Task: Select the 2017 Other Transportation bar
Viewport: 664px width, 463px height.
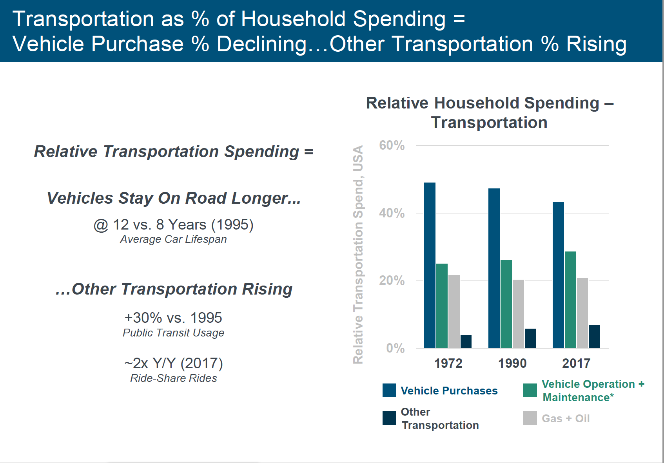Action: pyautogui.click(x=594, y=336)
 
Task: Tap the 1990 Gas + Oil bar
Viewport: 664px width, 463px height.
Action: pyautogui.click(x=518, y=314)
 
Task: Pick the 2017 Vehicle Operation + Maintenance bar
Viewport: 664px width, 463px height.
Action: pyautogui.click(x=570, y=300)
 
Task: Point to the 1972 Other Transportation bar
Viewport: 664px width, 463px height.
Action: pyautogui.click(x=466, y=342)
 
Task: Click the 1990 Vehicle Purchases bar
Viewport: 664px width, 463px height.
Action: pyautogui.click(x=494, y=268)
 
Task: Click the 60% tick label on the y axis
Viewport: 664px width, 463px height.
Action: pyautogui.click(x=392, y=145)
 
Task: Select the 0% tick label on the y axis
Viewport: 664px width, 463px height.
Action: pyautogui.click(x=395, y=348)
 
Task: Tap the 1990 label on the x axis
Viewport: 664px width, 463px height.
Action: pyautogui.click(x=512, y=364)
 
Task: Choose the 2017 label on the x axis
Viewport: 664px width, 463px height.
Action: pyautogui.click(x=576, y=364)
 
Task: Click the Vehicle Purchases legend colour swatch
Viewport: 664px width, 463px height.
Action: pyautogui.click(x=389, y=391)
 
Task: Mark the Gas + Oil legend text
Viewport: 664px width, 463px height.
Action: pyautogui.click(x=566, y=418)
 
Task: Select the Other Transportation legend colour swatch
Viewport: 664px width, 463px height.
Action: pyautogui.click(x=389, y=418)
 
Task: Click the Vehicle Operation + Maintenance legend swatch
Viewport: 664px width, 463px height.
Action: pyautogui.click(x=530, y=391)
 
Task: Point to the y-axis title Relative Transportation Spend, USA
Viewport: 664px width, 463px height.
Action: pyautogui.click(x=358, y=255)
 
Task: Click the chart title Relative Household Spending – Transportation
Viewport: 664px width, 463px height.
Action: pyautogui.click(x=489, y=113)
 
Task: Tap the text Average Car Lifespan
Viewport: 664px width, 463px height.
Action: pyautogui.click(x=173, y=239)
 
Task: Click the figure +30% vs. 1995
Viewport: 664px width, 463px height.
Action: pyautogui.click(x=173, y=318)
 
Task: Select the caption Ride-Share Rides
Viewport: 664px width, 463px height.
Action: pyautogui.click(x=173, y=378)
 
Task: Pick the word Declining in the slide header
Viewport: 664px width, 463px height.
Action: pyautogui.click(x=262, y=44)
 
